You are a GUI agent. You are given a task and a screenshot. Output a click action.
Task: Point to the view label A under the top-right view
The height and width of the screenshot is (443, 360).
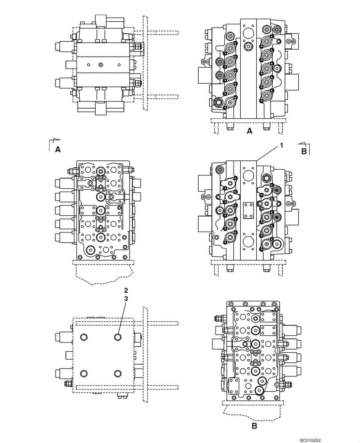click(x=249, y=131)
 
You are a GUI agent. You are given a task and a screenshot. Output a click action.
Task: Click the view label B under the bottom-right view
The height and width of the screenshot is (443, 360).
click(x=254, y=427)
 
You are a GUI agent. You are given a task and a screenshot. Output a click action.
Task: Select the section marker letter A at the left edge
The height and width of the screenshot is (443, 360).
click(x=58, y=150)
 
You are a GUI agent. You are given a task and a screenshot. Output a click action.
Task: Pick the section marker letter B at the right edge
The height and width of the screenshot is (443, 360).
click(x=304, y=151)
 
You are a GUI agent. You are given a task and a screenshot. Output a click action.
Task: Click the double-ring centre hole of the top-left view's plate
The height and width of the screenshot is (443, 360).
click(x=101, y=65)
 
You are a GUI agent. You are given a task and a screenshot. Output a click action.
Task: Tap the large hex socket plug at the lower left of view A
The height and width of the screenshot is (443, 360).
click(x=218, y=104)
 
